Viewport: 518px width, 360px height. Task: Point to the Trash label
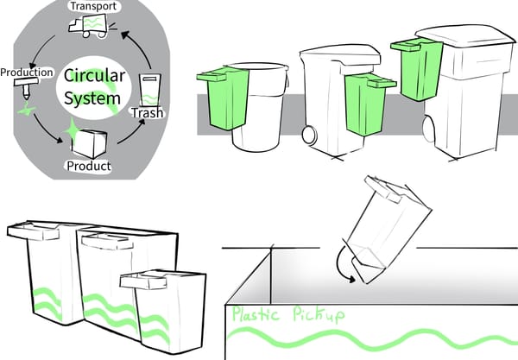pyautogui.click(x=147, y=113)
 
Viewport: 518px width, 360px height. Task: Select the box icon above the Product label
pyautogui.click(x=89, y=143)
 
